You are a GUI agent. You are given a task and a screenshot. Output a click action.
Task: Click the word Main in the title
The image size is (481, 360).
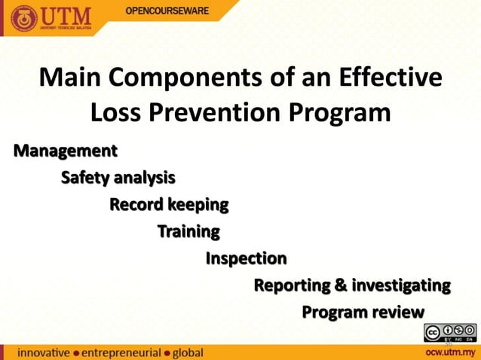tap(70, 78)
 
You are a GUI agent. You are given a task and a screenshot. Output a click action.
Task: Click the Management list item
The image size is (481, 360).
tap(65, 151)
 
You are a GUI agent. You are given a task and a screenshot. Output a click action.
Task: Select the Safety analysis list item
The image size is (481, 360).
tap(118, 178)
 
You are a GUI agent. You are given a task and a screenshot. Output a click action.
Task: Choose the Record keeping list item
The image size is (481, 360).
tap(169, 205)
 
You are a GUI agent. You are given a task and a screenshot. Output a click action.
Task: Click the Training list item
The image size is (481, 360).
tap(188, 231)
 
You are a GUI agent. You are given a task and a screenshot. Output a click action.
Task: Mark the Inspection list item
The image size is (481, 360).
tap(246, 258)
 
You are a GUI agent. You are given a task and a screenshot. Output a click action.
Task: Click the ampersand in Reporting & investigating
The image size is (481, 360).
tap(341, 285)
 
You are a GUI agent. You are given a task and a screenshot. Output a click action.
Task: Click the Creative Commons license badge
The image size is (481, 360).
tap(450, 332)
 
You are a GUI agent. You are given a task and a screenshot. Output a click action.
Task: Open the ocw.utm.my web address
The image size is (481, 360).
tap(450, 352)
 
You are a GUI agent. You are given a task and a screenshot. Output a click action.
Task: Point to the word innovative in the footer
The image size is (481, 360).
tap(44, 352)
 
